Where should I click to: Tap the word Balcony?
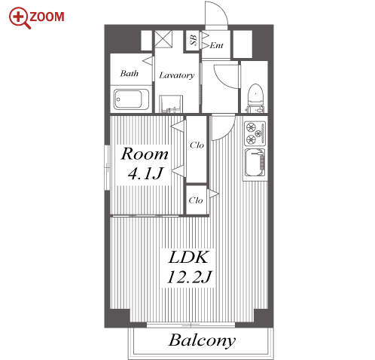pyautogui.click(x=202, y=341)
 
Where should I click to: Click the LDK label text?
pyautogui.click(x=188, y=257)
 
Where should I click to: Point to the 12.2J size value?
pyautogui.click(x=190, y=276)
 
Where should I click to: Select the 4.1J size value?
pyautogui.click(x=145, y=173)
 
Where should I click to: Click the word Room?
pyautogui.click(x=145, y=154)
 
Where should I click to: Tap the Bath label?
pyautogui.click(x=130, y=73)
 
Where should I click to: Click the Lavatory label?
pyautogui.click(x=177, y=75)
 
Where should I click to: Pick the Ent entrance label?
pyautogui.click(x=216, y=45)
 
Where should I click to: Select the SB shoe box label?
pyautogui.click(x=194, y=40)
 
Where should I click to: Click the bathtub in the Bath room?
pyautogui.click(x=131, y=99)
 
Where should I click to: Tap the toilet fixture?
pyautogui.click(x=255, y=98)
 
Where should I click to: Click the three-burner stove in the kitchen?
pyautogui.click(x=255, y=133)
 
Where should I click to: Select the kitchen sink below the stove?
pyautogui.click(x=255, y=163)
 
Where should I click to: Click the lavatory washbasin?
pyautogui.click(x=171, y=104)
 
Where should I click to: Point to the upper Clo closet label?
pyautogui.click(x=197, y=145)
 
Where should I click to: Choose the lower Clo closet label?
pyautogui.click(x=196, y=200)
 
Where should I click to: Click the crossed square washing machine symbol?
pyautogui.click(x=163, y=38)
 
